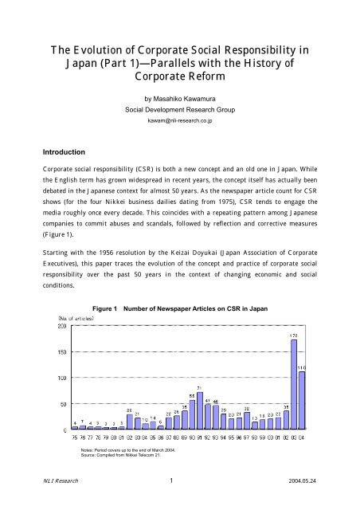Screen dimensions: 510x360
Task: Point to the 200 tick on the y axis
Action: (61, 326)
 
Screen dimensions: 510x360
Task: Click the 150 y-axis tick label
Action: (61, 351)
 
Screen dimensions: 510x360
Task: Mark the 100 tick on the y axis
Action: (61, 378)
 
